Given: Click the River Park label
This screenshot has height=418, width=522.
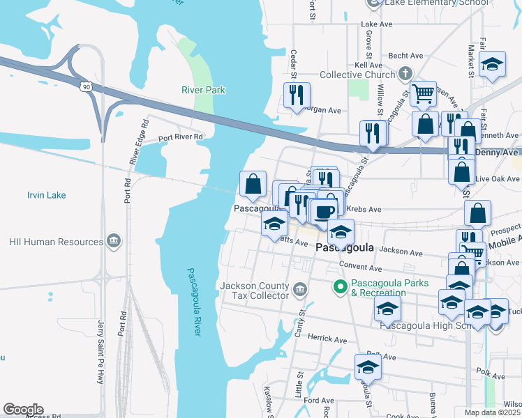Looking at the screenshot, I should click(203, 90).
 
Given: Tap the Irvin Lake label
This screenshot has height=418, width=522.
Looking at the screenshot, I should click(46, 195).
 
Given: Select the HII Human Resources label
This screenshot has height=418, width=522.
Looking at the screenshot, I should click(56, 242).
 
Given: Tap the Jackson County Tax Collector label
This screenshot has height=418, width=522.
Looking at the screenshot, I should click(253, 291).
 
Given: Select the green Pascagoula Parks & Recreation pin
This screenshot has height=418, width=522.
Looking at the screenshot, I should click(341, 286).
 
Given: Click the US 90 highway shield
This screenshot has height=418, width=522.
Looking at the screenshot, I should click(85, 86).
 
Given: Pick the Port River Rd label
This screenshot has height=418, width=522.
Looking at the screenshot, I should click(180, 137).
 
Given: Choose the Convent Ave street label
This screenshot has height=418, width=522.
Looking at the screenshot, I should click(360, 267).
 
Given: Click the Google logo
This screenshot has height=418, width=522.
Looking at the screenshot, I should click(22, 410).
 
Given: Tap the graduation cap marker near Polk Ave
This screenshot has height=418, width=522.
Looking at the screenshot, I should click(368, 366).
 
